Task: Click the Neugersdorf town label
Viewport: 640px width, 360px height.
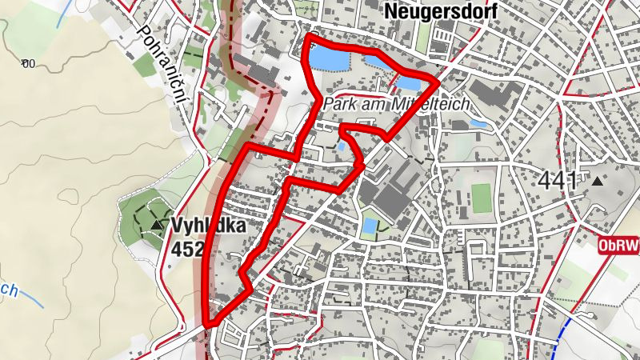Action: coord(441,11)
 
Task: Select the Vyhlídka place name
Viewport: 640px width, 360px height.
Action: coord(207,225)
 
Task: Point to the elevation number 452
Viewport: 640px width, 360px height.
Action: coord(188,247)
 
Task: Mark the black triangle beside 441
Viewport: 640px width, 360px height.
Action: coord(597,182)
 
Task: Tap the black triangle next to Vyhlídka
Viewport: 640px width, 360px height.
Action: coord(156,225)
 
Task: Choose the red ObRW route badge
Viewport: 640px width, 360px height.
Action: coord(619,246)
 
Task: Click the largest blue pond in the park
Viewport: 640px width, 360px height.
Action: coord(328,58)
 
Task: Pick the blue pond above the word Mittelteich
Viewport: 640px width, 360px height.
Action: coord(407,82)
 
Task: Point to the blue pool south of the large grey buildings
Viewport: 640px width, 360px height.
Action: coord(369,226)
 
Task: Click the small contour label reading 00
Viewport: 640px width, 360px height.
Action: coord(30,64)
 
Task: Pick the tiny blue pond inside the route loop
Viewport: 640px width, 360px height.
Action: coord(342,147)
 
